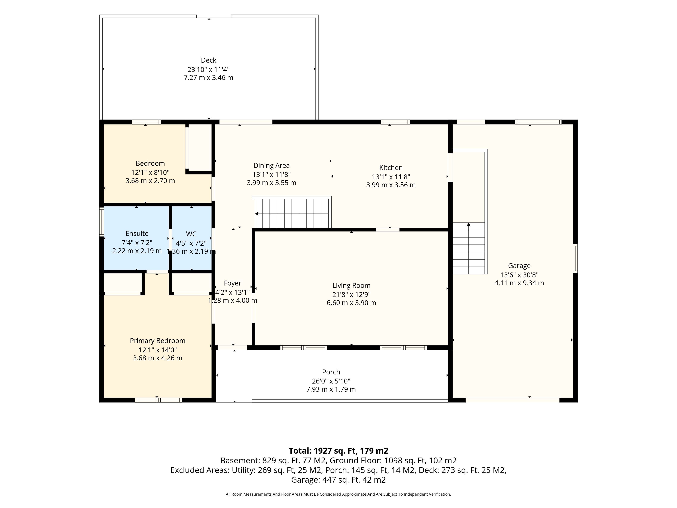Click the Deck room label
click(x=208, y=60)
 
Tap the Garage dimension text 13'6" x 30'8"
click(x=519, y=275)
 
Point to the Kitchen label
click(x=391, y=168)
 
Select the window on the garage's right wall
click(x=575, y=258)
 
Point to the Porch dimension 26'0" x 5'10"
click(x=331, y=381)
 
